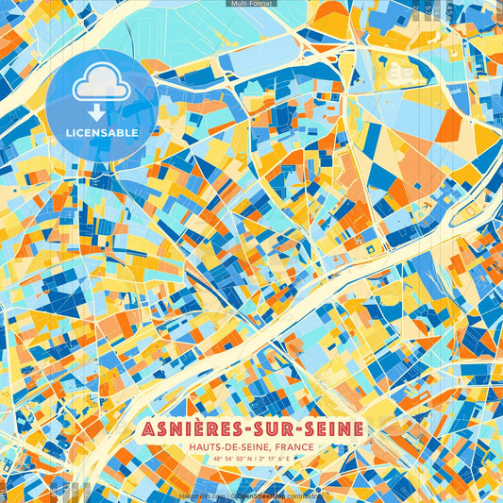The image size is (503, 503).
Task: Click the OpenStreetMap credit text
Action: (263, 495)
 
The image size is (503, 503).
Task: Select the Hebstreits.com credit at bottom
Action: (202, 495)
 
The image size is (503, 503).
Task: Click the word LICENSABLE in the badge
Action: (101, 133)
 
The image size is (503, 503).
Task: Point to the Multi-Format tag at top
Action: (251, 4)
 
